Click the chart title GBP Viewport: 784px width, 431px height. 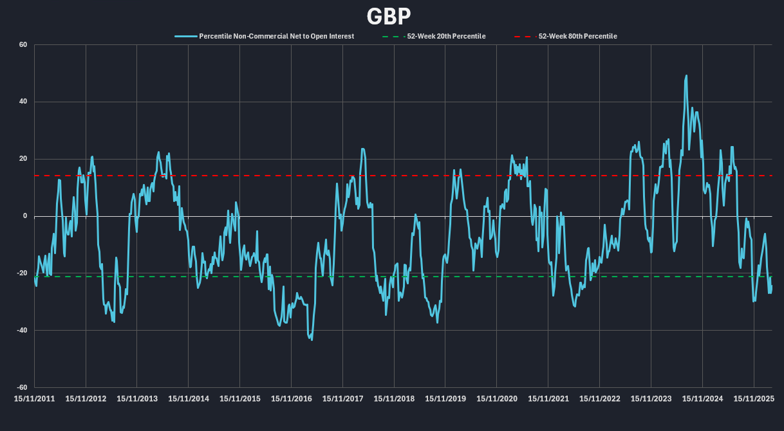[389, 15]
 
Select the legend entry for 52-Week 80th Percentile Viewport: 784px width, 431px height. [577, 37]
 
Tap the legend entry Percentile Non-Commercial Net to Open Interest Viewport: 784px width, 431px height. [276, 37]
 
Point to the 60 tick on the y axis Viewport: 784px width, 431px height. [23, 45]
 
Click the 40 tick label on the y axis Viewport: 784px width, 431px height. [23, 102]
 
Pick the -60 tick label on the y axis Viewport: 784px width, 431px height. [21, 388]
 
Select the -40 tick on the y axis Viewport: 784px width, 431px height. [21, 331]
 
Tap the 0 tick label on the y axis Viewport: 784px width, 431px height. [24, 216]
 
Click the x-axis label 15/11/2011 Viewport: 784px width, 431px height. [35, 399]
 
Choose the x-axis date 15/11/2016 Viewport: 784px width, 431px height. [292, 399]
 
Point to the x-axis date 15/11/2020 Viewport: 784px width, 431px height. [497, 399]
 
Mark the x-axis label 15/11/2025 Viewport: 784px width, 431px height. [754, 399]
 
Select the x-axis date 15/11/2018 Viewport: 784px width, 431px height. [395, 399]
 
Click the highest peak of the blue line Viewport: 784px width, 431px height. [686, 76]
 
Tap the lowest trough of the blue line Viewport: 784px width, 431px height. [312, 339]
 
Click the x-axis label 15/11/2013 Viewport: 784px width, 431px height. [137, 399]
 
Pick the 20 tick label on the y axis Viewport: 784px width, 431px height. [23, 159]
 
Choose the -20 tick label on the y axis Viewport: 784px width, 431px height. [21, 273]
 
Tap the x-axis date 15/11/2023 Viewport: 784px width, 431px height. [651, 399]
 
